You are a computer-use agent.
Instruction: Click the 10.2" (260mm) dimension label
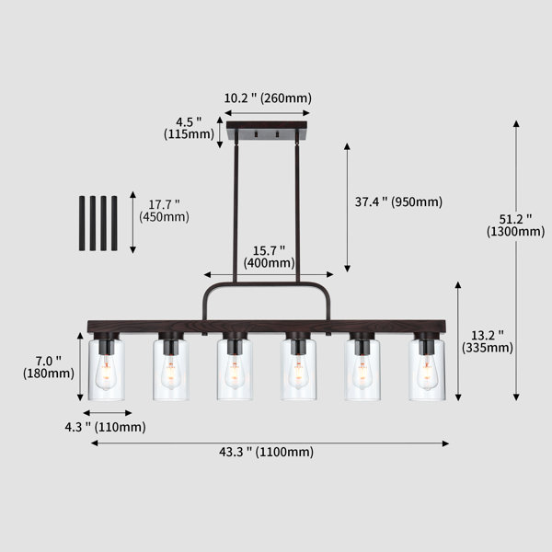(x=268, y=98)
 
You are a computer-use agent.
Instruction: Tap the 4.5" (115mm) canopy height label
(x=189, y=128)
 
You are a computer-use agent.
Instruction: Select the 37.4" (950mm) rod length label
(x=398, y=202)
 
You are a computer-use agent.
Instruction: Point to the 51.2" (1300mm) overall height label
(x=516, y=225)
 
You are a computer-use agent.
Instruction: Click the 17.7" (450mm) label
(x=164, y=211)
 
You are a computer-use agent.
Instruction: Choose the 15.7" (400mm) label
(x=270, y=257)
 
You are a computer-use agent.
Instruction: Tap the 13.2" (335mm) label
(x=488, y=341)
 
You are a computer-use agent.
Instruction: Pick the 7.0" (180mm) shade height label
(x=49, y=367)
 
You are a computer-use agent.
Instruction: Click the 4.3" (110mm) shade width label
(x=105, y=428)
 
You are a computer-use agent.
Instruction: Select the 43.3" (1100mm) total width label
(x=267, y=452)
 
